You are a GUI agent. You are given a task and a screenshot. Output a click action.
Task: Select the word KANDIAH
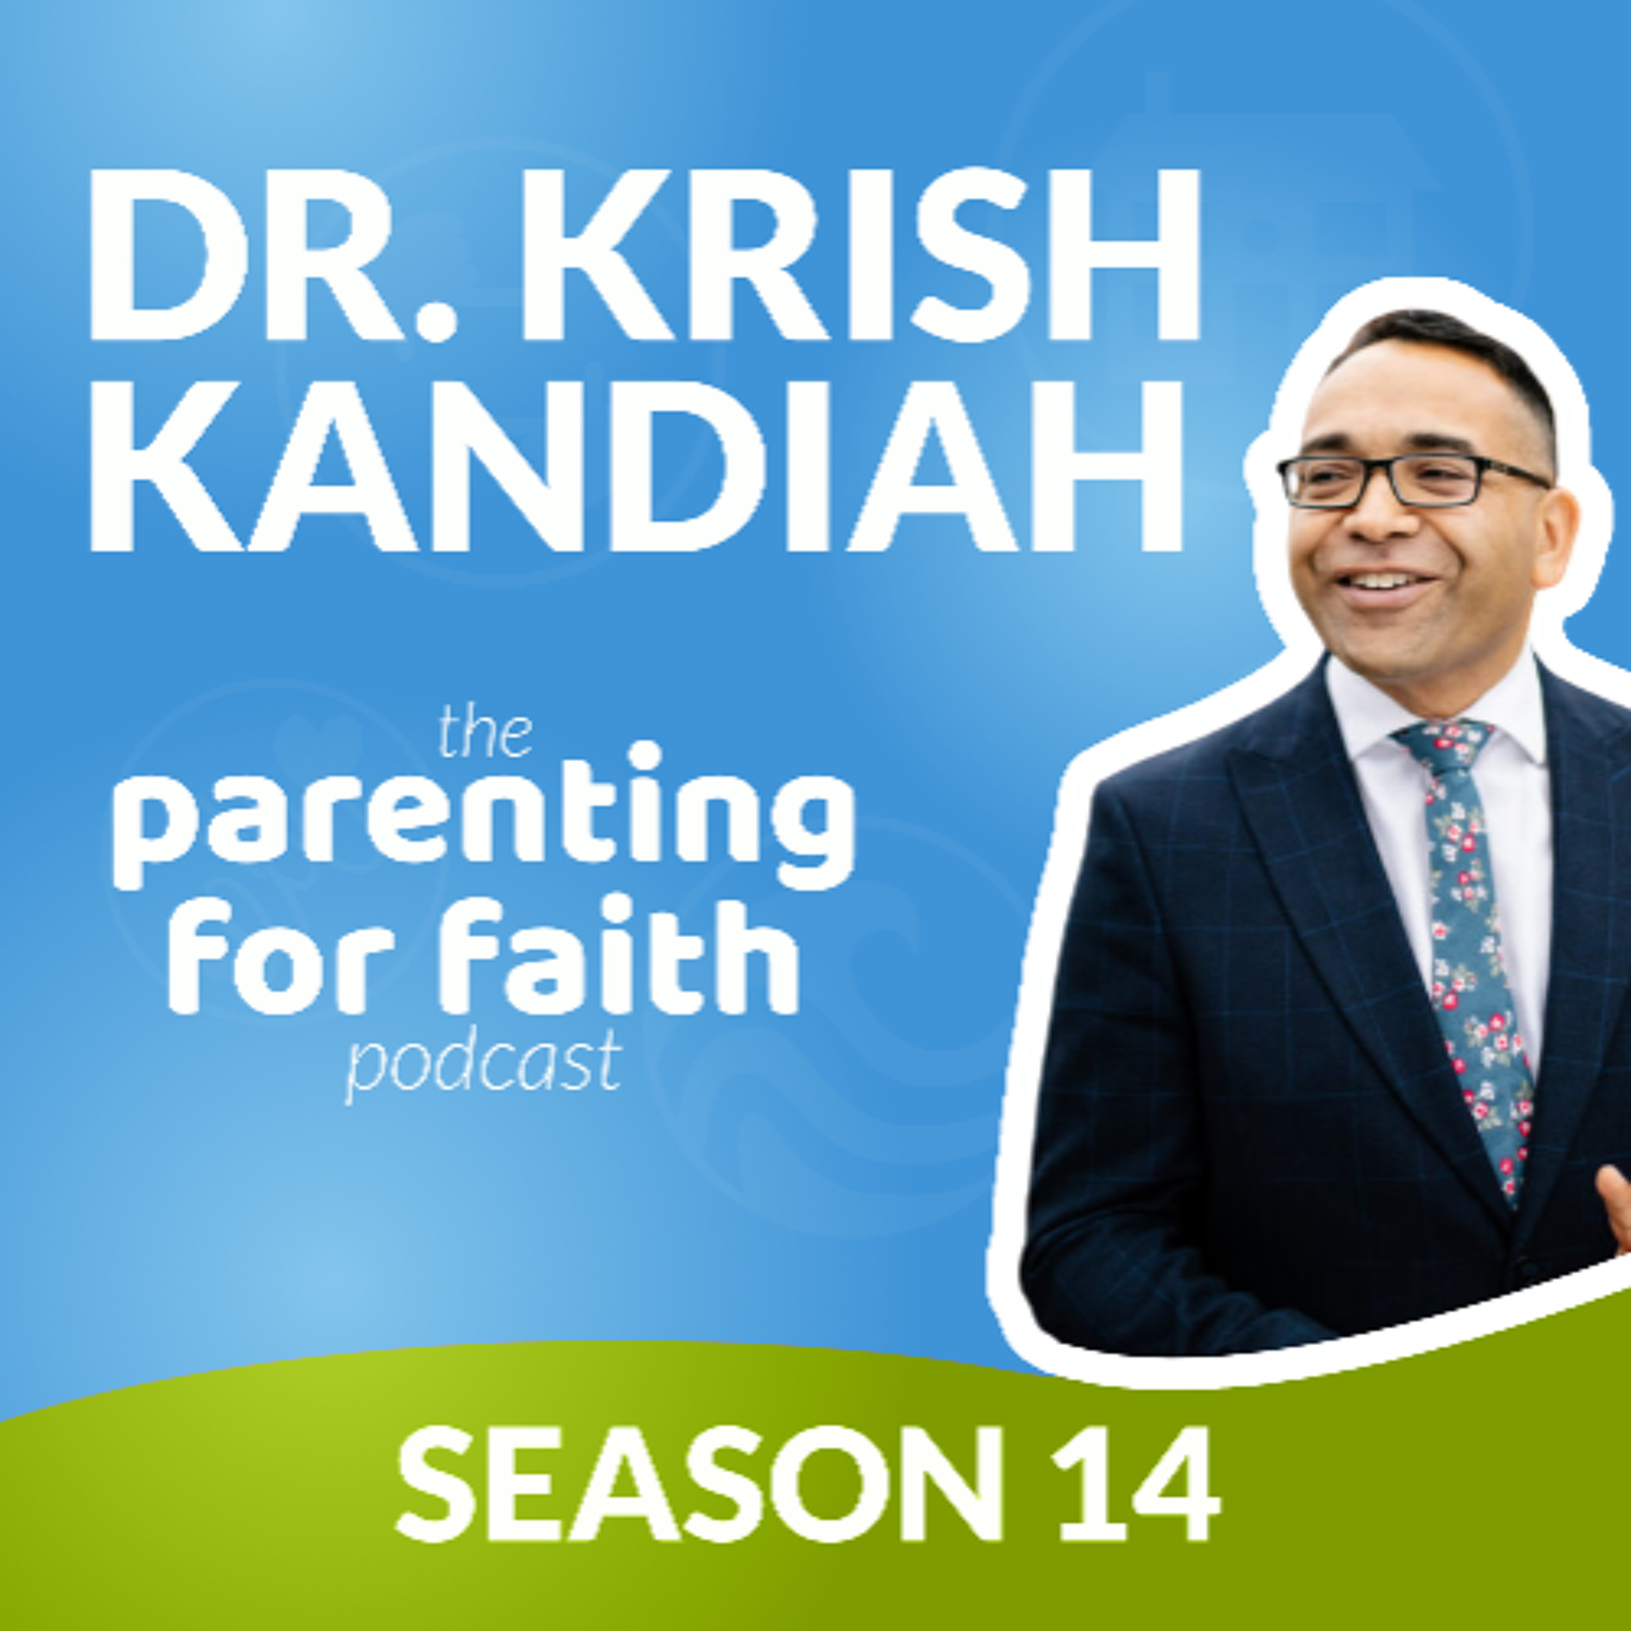[637, 467]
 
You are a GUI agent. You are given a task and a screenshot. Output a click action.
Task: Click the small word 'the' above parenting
[484, 735]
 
